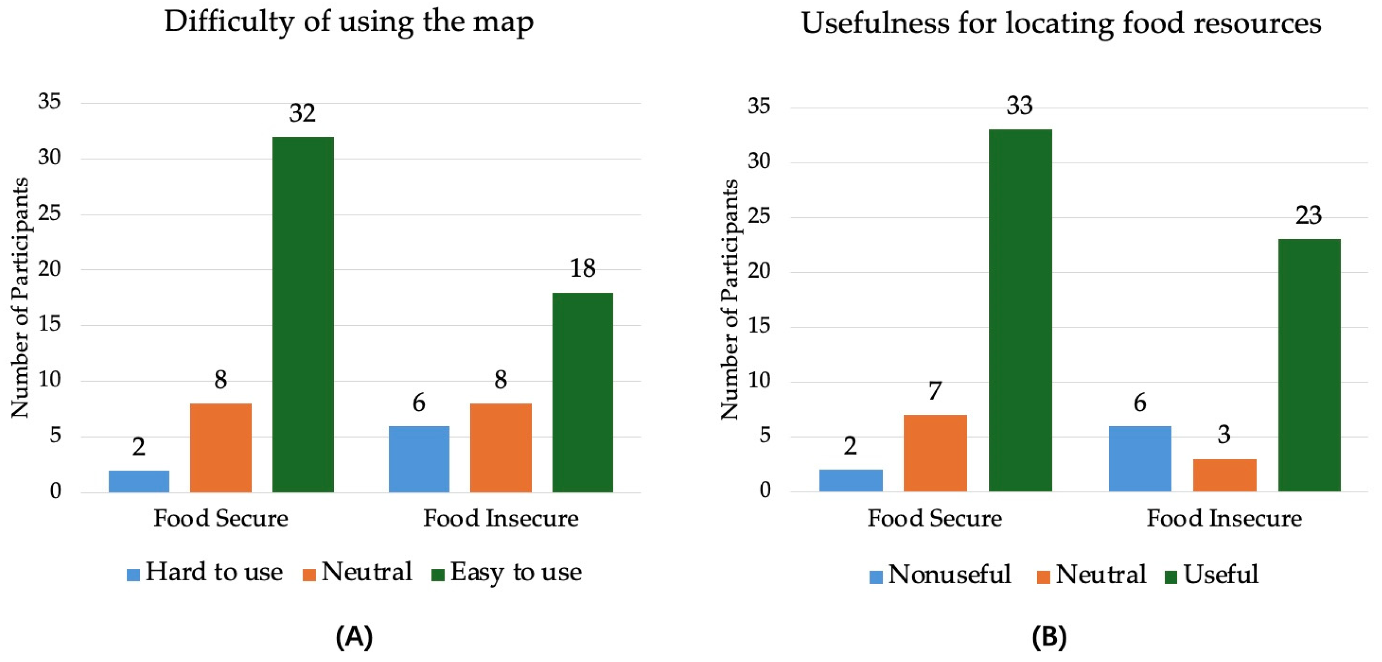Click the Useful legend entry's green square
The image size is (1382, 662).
(1172, 577)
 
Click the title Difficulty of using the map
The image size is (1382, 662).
(349, 22)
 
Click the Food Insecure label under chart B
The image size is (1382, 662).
(1224, 519)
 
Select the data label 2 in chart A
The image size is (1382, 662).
(139, 447)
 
